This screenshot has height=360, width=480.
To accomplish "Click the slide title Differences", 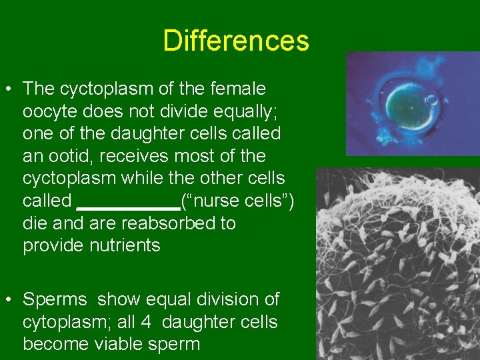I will coord(236,41).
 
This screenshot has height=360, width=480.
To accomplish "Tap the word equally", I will coord(253,111).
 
